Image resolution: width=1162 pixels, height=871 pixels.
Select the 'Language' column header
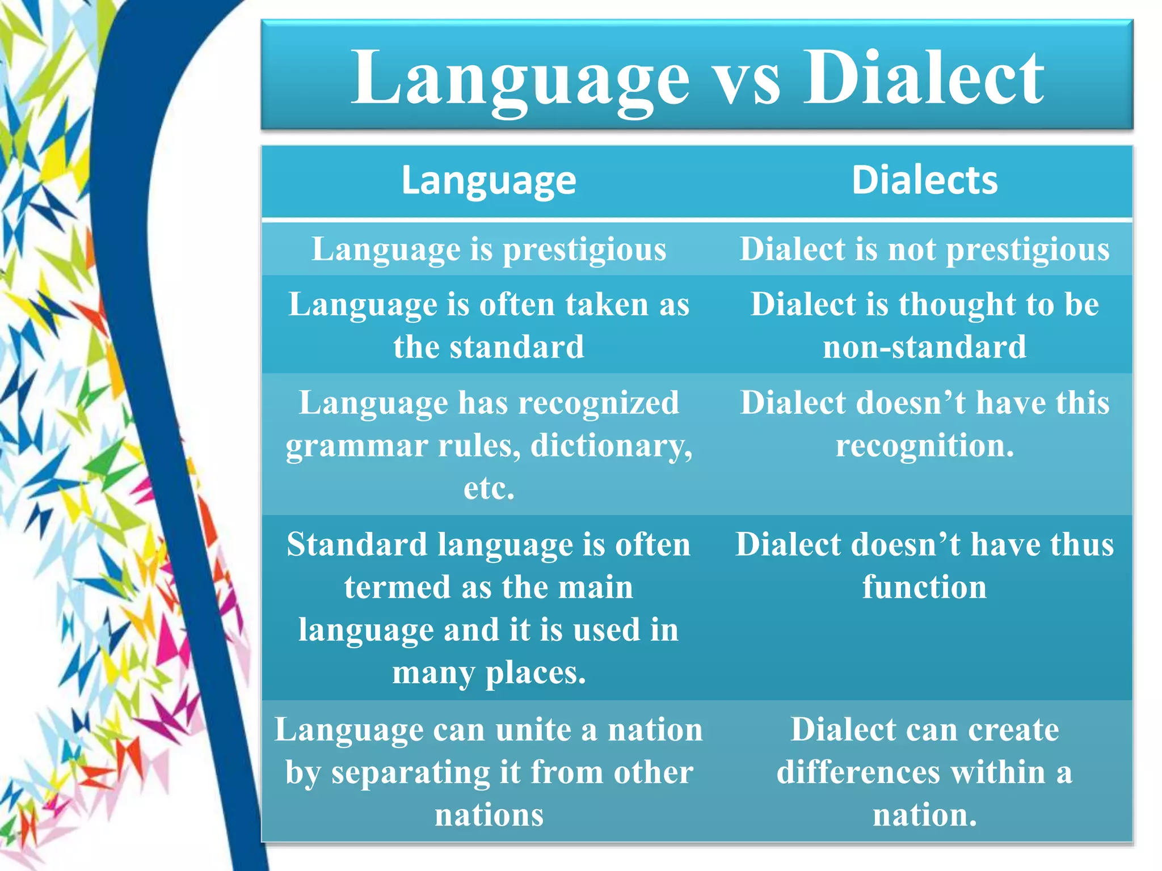[489, 180]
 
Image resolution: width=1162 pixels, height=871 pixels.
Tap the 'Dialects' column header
[924, 180]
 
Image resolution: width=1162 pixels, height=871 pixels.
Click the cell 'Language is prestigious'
[489, 250]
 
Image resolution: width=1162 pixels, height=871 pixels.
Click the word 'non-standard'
[924, 347]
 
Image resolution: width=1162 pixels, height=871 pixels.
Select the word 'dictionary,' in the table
[611, 446]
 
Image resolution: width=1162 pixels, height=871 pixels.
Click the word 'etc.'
[489, 488]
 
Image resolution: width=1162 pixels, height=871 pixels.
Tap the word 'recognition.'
[924, 446]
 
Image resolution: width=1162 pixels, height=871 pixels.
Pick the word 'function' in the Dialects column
[924, 587]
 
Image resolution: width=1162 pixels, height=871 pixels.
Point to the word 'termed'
[397, 587]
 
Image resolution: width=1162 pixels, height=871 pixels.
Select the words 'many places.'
[489, 673]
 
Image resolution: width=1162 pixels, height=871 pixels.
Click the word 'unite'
[533, 730]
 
